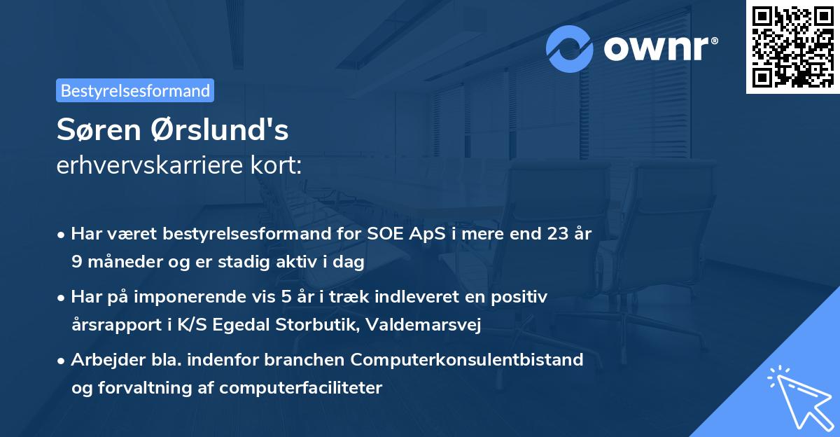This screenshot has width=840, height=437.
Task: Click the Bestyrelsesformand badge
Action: pos(135,90)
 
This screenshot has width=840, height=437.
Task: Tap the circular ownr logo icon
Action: pos(570,48)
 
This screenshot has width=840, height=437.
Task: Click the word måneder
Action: pos(120,263)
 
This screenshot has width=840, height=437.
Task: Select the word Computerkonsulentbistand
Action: pos(467,360)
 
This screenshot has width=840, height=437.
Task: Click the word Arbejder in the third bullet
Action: pos(101,360)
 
